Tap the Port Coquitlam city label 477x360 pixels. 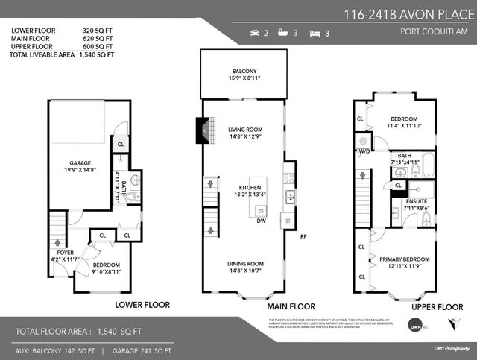[437, 31]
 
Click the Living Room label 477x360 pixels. [247, 130]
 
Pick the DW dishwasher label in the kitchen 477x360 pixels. [261, 221]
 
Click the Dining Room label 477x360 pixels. [246, 263]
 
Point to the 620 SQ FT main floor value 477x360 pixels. [98, 40]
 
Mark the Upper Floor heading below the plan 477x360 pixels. [438, 306]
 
